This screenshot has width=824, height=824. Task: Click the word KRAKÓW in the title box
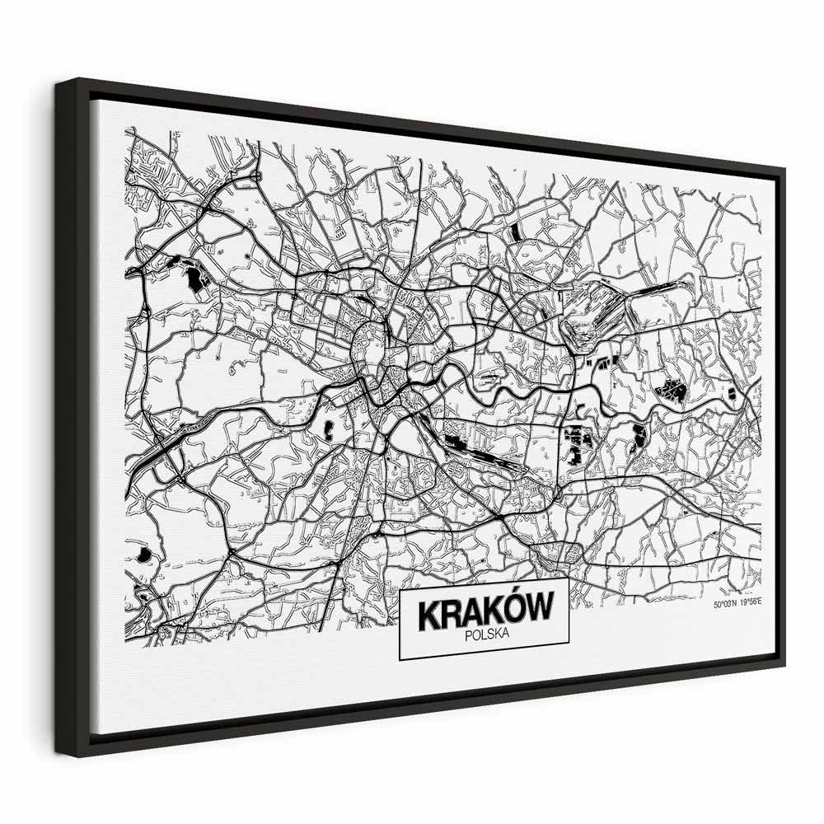(485, 613)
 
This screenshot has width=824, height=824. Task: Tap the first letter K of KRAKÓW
(429, 615)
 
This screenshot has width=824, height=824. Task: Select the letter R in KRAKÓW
(451, 615)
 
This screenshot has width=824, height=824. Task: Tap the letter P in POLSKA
(468, 634)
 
